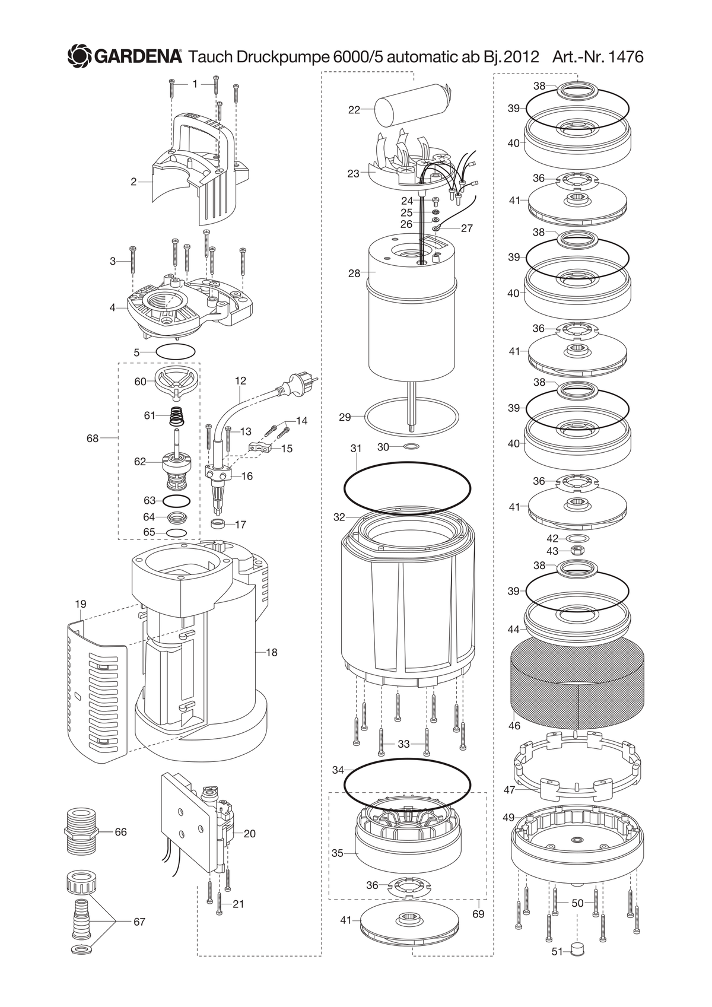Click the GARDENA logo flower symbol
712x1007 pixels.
[80, 57]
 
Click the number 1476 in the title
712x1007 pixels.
[625, 57]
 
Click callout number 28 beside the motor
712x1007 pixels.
[354, 273]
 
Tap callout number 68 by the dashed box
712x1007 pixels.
[93, 438]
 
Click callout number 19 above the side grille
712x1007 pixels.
[81, 603]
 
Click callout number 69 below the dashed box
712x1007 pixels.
[478, 914]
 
